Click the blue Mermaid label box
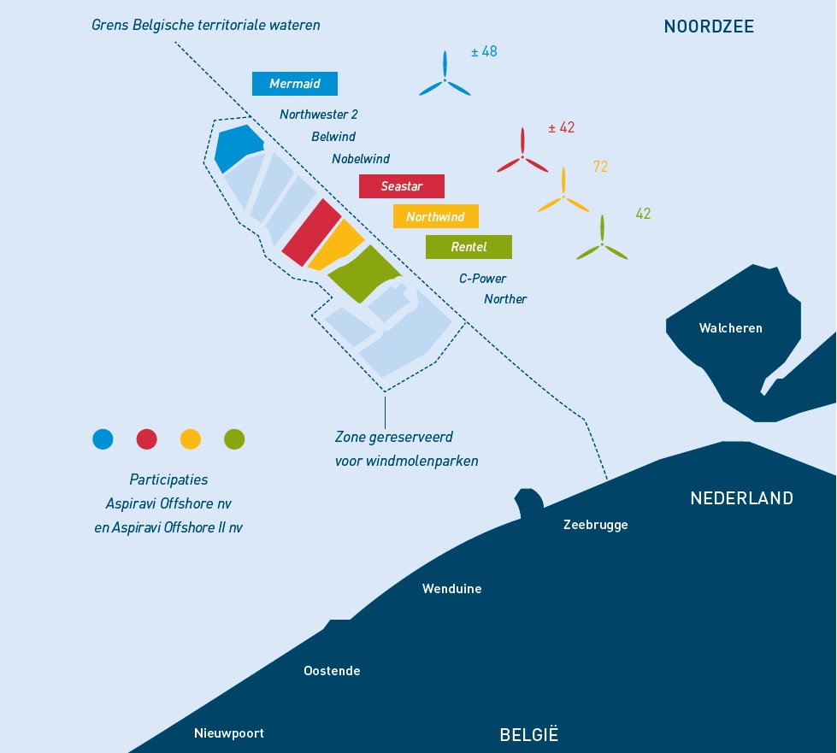pyautogui.click(x=295, y=84)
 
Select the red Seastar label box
pyautogui.click(x=402, y=186)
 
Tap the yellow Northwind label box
pyautogui.click(x=435, y=216)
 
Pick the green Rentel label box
pyautogui.click(x=469, y=247)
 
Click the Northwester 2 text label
pyautogui.click(x=319, y=115)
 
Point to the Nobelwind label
pyautogui.click(x=361, y=158)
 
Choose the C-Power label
pyautogui.click(x=482, y=278)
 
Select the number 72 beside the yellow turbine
pyautogui.click(x=600, y=167)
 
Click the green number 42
pyautogui.click(x=643, y=214)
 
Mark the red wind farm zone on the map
pyautogui.click(x=312, y=232)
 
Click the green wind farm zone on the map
pyautogui.click(x=364, y=274)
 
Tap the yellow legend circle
pyautogui.click(x=191, y=439)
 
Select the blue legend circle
pyautogui.click(x=103, y=439)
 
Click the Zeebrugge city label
pyautogui.click(x=596, y=525)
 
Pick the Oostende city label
pyautogui.click(x=332, y=671)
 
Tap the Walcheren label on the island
pyautogui.click(x=731, y=328)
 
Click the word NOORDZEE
pyautogui.click(x=709, y=26)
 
